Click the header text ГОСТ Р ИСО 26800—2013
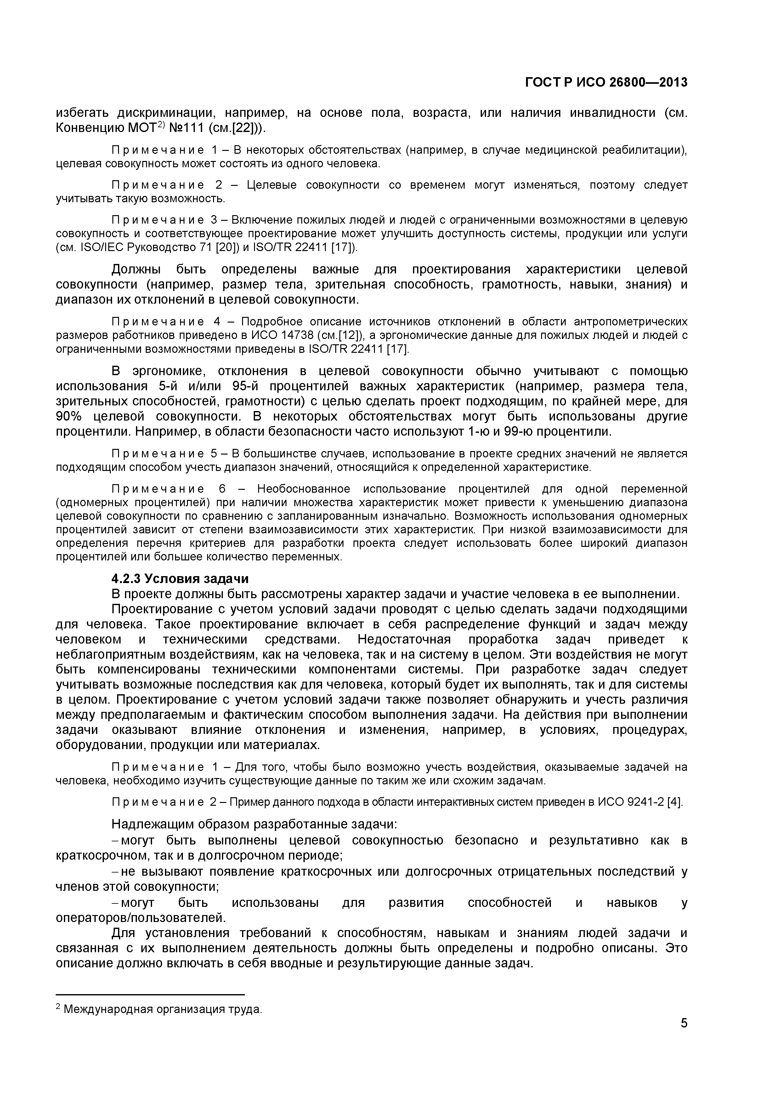tap(606, 83)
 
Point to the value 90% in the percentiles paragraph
tap(70, 416)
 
